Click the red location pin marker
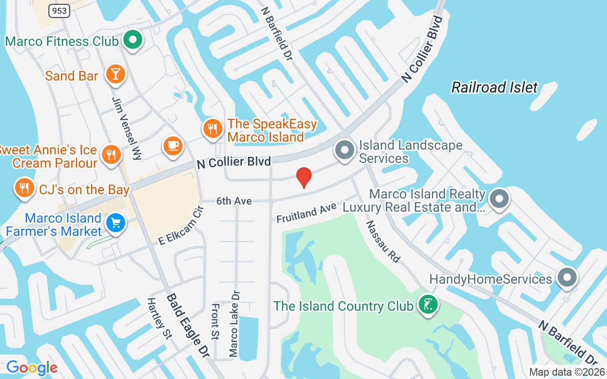[303, 178]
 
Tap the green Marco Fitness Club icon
[133, 40]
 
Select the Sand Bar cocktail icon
[115, 74]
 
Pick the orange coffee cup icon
[173, 145]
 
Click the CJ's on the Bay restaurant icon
[24, 188]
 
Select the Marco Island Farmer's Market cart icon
[115, 223]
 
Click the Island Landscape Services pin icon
[345, 150]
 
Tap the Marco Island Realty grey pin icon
[498, 199]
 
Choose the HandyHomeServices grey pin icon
[566, 278]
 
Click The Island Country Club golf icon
[428, 304]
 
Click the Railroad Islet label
[495, 87]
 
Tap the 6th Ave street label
[234, 201]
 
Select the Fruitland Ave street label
[306, 213]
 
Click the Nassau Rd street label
[383, 242]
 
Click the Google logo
[32, 368]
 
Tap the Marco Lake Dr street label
[234, 324]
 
